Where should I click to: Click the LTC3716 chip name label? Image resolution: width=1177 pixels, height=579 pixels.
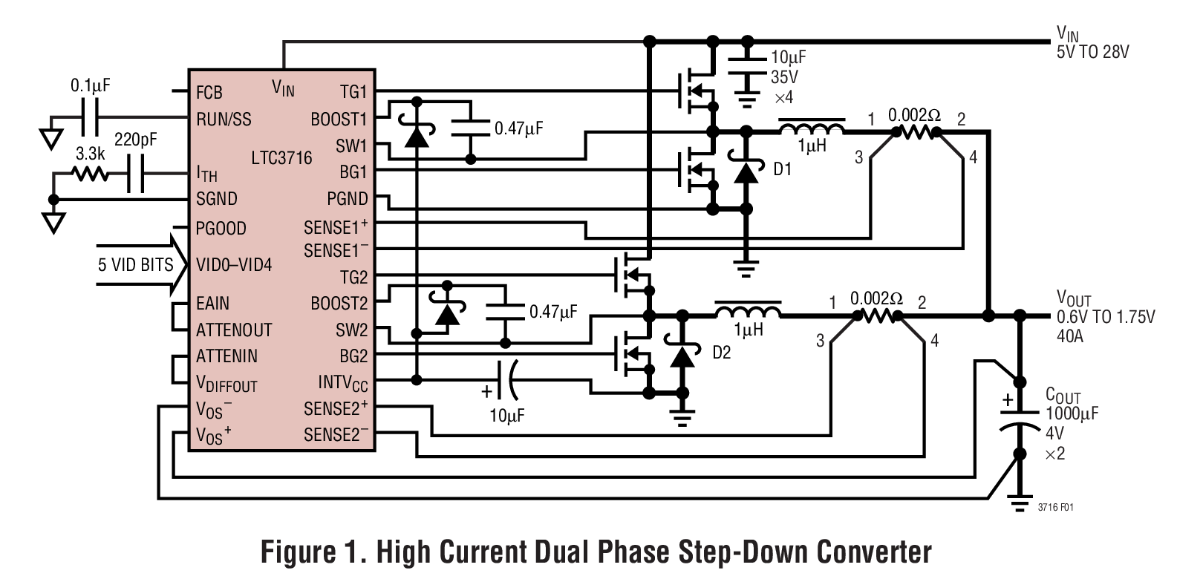pyautogui.click(x=281, y=158)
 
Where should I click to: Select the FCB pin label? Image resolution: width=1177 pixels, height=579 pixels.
pyautogui.click(x=209, y=93)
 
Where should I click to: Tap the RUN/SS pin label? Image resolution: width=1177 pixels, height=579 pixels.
pyautogui.click(x=224, y=120)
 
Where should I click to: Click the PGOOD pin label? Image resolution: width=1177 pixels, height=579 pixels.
pyautogui.click(x=221, y=229)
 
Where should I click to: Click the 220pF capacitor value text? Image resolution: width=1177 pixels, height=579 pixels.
pyautogui.click(x=135, y=140)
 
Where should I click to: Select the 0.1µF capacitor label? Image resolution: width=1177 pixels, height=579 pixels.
pyautogui.click(x=90, y=86)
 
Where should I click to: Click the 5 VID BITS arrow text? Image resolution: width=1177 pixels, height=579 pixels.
pyautogui.click(x=135, y=265)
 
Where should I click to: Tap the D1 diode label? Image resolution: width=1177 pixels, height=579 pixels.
pyautogui.click(x=783, y=170)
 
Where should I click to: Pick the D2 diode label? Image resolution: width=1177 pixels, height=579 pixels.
pyautogui.click(x=721, y=353)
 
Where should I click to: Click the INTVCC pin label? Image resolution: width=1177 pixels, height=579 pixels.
pyautogui.click(x=342, y=383)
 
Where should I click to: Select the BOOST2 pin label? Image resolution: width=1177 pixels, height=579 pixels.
pyautogui.click(x=339, y=304)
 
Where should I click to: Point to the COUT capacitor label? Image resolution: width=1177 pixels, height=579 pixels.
pyautogui.click(x=1063, y=396)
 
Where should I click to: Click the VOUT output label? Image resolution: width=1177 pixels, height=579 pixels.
pyautogui.click(x=1074, y=299)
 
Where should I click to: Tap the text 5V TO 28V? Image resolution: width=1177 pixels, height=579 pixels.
pyautogui.click(x=1092, y=53)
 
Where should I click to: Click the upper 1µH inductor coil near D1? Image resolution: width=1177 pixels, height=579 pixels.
pyautogui.click(x=811, y=128)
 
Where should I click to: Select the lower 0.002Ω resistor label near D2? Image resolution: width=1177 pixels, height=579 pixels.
pyautogui.click(x=876, y=299)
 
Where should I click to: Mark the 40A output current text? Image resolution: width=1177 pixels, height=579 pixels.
pyautogui.click(x=1070, y=336)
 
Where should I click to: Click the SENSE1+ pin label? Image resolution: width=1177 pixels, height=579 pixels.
pyautogui.click(x=336, y=226)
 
